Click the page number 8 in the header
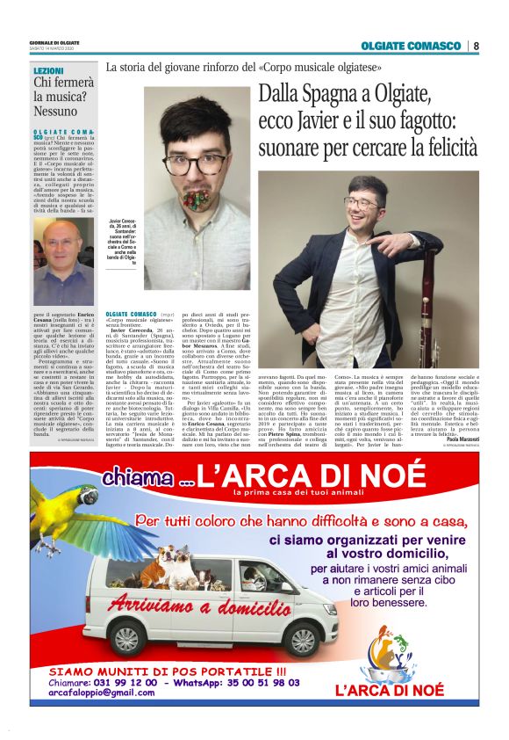tap(477, 46)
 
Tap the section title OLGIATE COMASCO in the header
tap(410, 46)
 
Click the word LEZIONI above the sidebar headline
tap(48, 69)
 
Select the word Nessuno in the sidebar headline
tap(56, 112)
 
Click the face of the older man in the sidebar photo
tap(61, 250)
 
